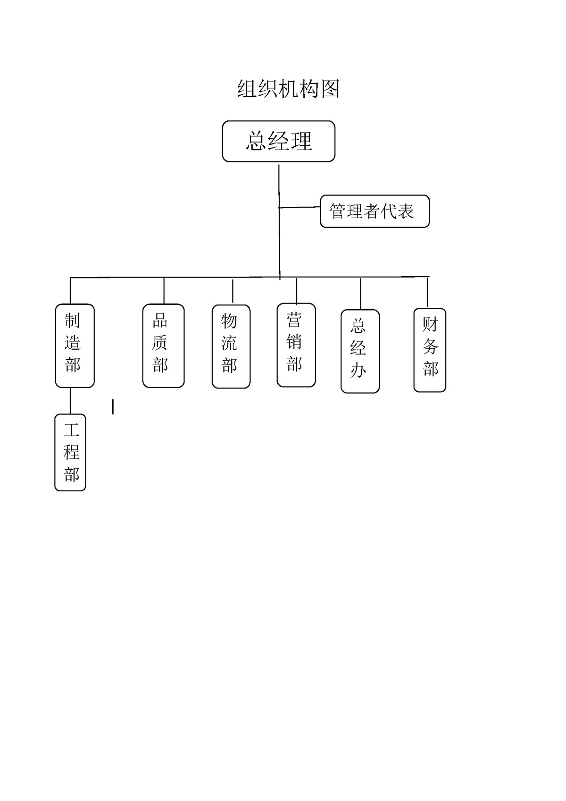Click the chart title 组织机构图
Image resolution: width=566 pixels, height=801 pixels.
(288, 89)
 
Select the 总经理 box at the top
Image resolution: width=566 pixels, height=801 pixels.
(279, 141)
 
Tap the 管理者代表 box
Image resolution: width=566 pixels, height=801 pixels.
(375, 211)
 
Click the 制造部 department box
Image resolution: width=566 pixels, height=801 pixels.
(75, 346)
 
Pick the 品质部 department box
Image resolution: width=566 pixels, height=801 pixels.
(163, 346)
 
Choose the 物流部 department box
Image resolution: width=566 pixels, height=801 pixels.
(231, 346)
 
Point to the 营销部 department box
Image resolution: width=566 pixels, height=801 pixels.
(296, 345)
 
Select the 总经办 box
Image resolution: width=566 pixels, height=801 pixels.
(360, 351)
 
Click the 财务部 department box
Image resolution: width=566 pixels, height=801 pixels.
(430, 350)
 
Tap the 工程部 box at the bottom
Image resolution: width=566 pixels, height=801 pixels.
(70, 452)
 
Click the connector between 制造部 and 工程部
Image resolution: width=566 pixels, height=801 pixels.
(70, 401)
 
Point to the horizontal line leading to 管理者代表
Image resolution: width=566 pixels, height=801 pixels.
(300, 207)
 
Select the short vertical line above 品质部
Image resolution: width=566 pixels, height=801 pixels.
(164, 290)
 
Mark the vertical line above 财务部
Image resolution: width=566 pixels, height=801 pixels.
(427, 292)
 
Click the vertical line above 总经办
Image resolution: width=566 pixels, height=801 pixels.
(361, 294)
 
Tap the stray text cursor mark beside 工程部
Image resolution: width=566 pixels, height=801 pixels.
(113, 407)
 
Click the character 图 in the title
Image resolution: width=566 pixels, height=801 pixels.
(330, 89)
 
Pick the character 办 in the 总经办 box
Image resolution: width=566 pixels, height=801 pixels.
(358, 371)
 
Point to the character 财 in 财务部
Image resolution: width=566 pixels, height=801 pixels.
(430, 324)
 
